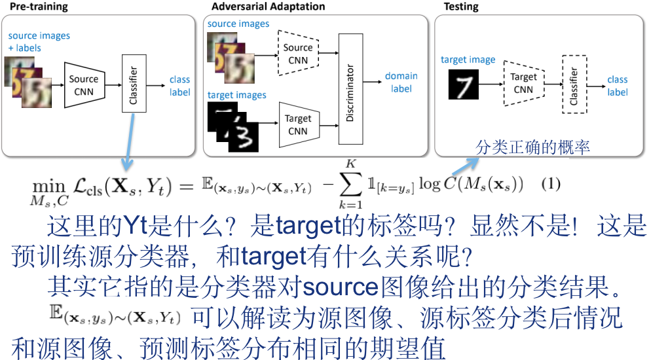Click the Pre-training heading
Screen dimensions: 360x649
click(x=38, y=7)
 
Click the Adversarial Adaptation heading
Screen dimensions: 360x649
click(x=269, y=7)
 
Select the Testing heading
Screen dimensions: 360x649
click(x=461, y=7)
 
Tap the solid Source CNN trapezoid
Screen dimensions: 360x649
click(x=84, y=85)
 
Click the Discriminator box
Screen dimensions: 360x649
click(x=350, y=89)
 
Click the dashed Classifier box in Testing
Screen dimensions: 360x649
click(x=574, y=84)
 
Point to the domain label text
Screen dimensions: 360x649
click(x=401, y=82)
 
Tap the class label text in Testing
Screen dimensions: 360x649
click(x=617, y=86)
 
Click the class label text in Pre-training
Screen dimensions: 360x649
click(x=179, y=86)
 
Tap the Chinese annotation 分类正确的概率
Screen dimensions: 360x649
click(x=533, y=148)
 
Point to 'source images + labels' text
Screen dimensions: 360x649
click(x=39, y=41)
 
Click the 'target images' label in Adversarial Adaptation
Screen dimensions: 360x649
click(x=236, y=95)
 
